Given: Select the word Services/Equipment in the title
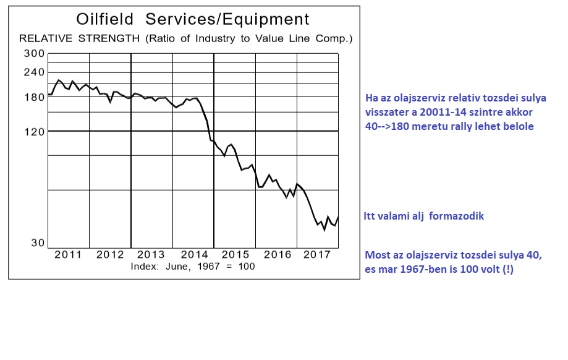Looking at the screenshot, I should tap(227, 20).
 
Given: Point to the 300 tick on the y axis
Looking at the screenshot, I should tap(34, 53).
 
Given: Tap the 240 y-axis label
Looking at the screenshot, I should tap(34, 72).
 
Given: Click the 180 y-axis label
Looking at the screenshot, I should tap(34, 97).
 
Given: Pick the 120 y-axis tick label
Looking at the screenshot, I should tap(34, 132).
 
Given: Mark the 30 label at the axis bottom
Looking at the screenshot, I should tap(37, 243).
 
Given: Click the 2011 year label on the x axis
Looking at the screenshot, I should tap(69, 254).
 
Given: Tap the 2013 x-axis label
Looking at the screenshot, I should tap(151, 254).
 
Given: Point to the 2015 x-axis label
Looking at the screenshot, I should tap(235, 254).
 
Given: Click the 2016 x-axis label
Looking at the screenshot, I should tap(276, 254).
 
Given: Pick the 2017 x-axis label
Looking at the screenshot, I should tap(318, 254).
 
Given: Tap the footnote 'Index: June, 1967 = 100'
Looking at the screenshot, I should tap(192, 266).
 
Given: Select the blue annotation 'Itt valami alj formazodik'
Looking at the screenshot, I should tap(424, 216).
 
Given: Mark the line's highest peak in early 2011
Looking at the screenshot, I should tap(59, 80).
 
